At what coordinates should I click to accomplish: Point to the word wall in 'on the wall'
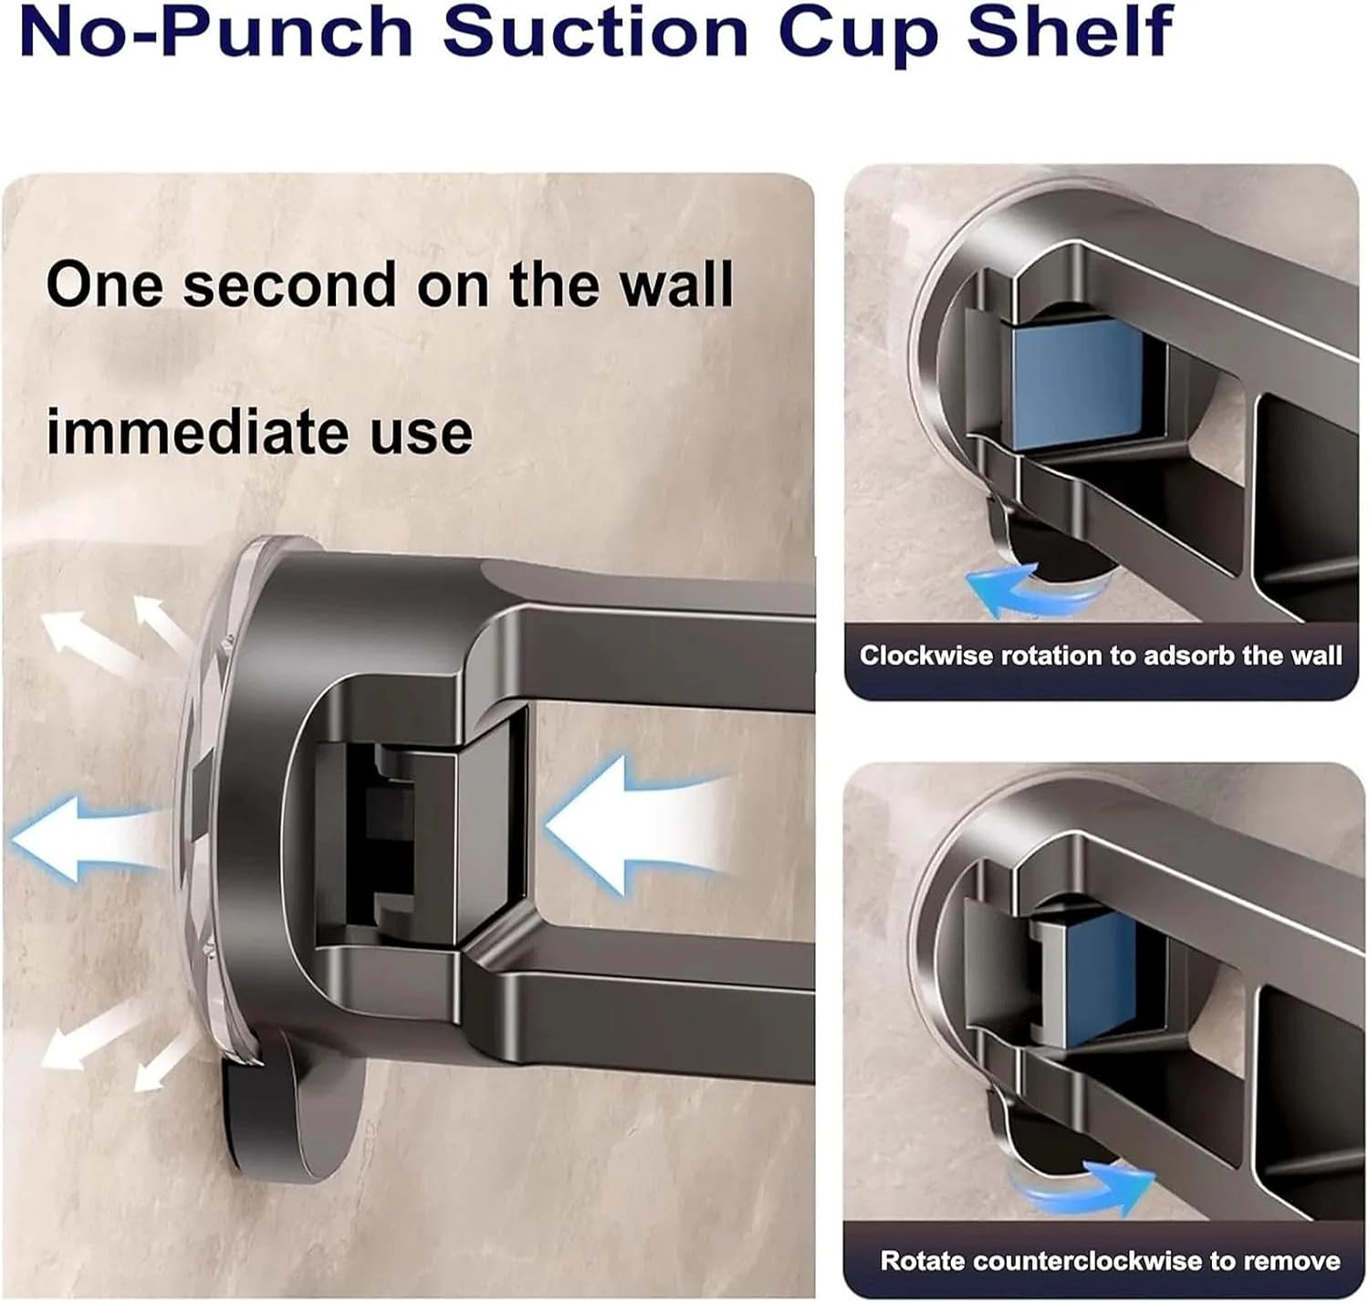(x=675, y=285)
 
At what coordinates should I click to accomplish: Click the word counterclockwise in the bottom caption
(x=1087, y=1261)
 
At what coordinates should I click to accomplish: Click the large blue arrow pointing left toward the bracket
(x=630, y=825)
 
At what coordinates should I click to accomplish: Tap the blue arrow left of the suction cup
(x=82, y=835)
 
